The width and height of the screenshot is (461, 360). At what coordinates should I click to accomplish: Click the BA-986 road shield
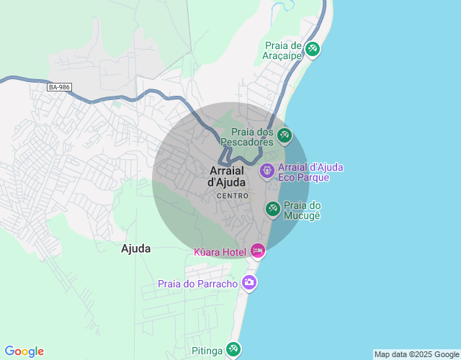point(59,87)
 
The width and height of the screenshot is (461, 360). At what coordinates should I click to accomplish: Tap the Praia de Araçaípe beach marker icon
point(313,49)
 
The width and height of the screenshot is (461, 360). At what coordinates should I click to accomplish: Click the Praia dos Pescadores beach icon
point(285,135)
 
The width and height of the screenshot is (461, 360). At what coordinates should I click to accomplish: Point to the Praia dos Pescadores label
point(252,137)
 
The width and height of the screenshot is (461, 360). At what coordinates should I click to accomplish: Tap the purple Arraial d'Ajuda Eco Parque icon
point(267,171)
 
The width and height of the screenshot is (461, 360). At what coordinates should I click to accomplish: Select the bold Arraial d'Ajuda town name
point(227,176)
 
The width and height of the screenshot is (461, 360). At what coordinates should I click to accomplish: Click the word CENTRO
point(232,196)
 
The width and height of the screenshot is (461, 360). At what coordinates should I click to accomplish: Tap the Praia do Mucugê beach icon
point(272,209)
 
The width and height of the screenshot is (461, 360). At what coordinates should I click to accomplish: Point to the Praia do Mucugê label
point(302,210)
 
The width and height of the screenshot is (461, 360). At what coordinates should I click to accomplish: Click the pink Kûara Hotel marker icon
point(258,251)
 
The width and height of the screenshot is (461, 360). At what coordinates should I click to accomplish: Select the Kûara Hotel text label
point(220,252)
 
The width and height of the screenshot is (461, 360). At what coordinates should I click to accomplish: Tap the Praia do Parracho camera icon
point(249,282)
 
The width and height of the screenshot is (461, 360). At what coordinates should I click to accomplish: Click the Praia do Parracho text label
point(198,284)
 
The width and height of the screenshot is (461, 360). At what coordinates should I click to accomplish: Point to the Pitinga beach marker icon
point(233,349)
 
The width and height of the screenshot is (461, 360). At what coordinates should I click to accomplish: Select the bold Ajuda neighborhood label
point(136,248)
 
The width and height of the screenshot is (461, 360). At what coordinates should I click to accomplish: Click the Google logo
point(24,351)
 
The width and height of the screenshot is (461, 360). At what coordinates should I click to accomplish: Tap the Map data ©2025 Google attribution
point(416,354)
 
